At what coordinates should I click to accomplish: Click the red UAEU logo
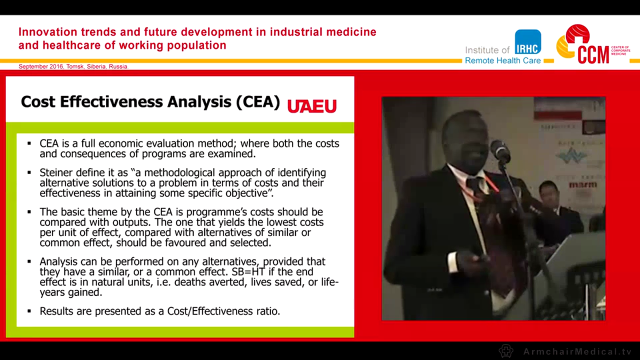pos(311,106)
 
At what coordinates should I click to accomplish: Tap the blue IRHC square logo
pos(528,42)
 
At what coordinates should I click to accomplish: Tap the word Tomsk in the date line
pos(75,66)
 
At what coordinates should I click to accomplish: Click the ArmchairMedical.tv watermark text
pos(577,351)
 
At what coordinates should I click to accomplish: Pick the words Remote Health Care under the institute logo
pos(502,60)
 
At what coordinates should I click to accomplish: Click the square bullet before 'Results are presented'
pos(29,311)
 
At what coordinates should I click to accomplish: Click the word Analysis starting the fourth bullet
pos(59,261)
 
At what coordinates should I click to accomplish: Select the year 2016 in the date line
pos(55,66)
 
